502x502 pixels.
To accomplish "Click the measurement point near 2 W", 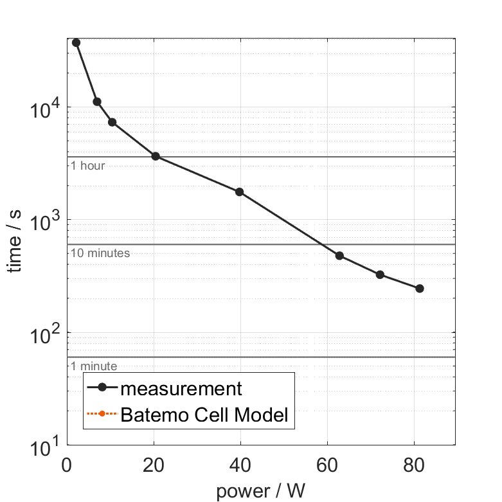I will click(76, 42).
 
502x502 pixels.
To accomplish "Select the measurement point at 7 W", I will click(97, 102).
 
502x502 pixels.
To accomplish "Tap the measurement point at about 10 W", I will click(112, 122).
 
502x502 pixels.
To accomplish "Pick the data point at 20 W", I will click(155, 156).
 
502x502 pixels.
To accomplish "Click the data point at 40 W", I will click(240, 192).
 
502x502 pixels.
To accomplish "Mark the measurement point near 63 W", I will click(339, 256).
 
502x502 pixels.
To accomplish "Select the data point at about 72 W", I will click(380, 274).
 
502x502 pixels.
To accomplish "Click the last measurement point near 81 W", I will click(420, 289).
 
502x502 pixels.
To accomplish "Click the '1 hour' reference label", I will click(87, 166).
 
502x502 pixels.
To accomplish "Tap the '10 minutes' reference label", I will click(100, 253).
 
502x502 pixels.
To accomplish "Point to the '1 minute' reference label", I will click(94, 366).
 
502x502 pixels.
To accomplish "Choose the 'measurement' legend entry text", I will click(181, 388).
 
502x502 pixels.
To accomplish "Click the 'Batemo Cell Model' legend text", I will click(205, 415).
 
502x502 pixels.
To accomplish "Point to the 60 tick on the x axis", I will click(327, 465).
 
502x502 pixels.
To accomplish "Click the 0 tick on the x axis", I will click(67, 465).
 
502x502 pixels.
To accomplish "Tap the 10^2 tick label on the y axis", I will click(42, 332).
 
